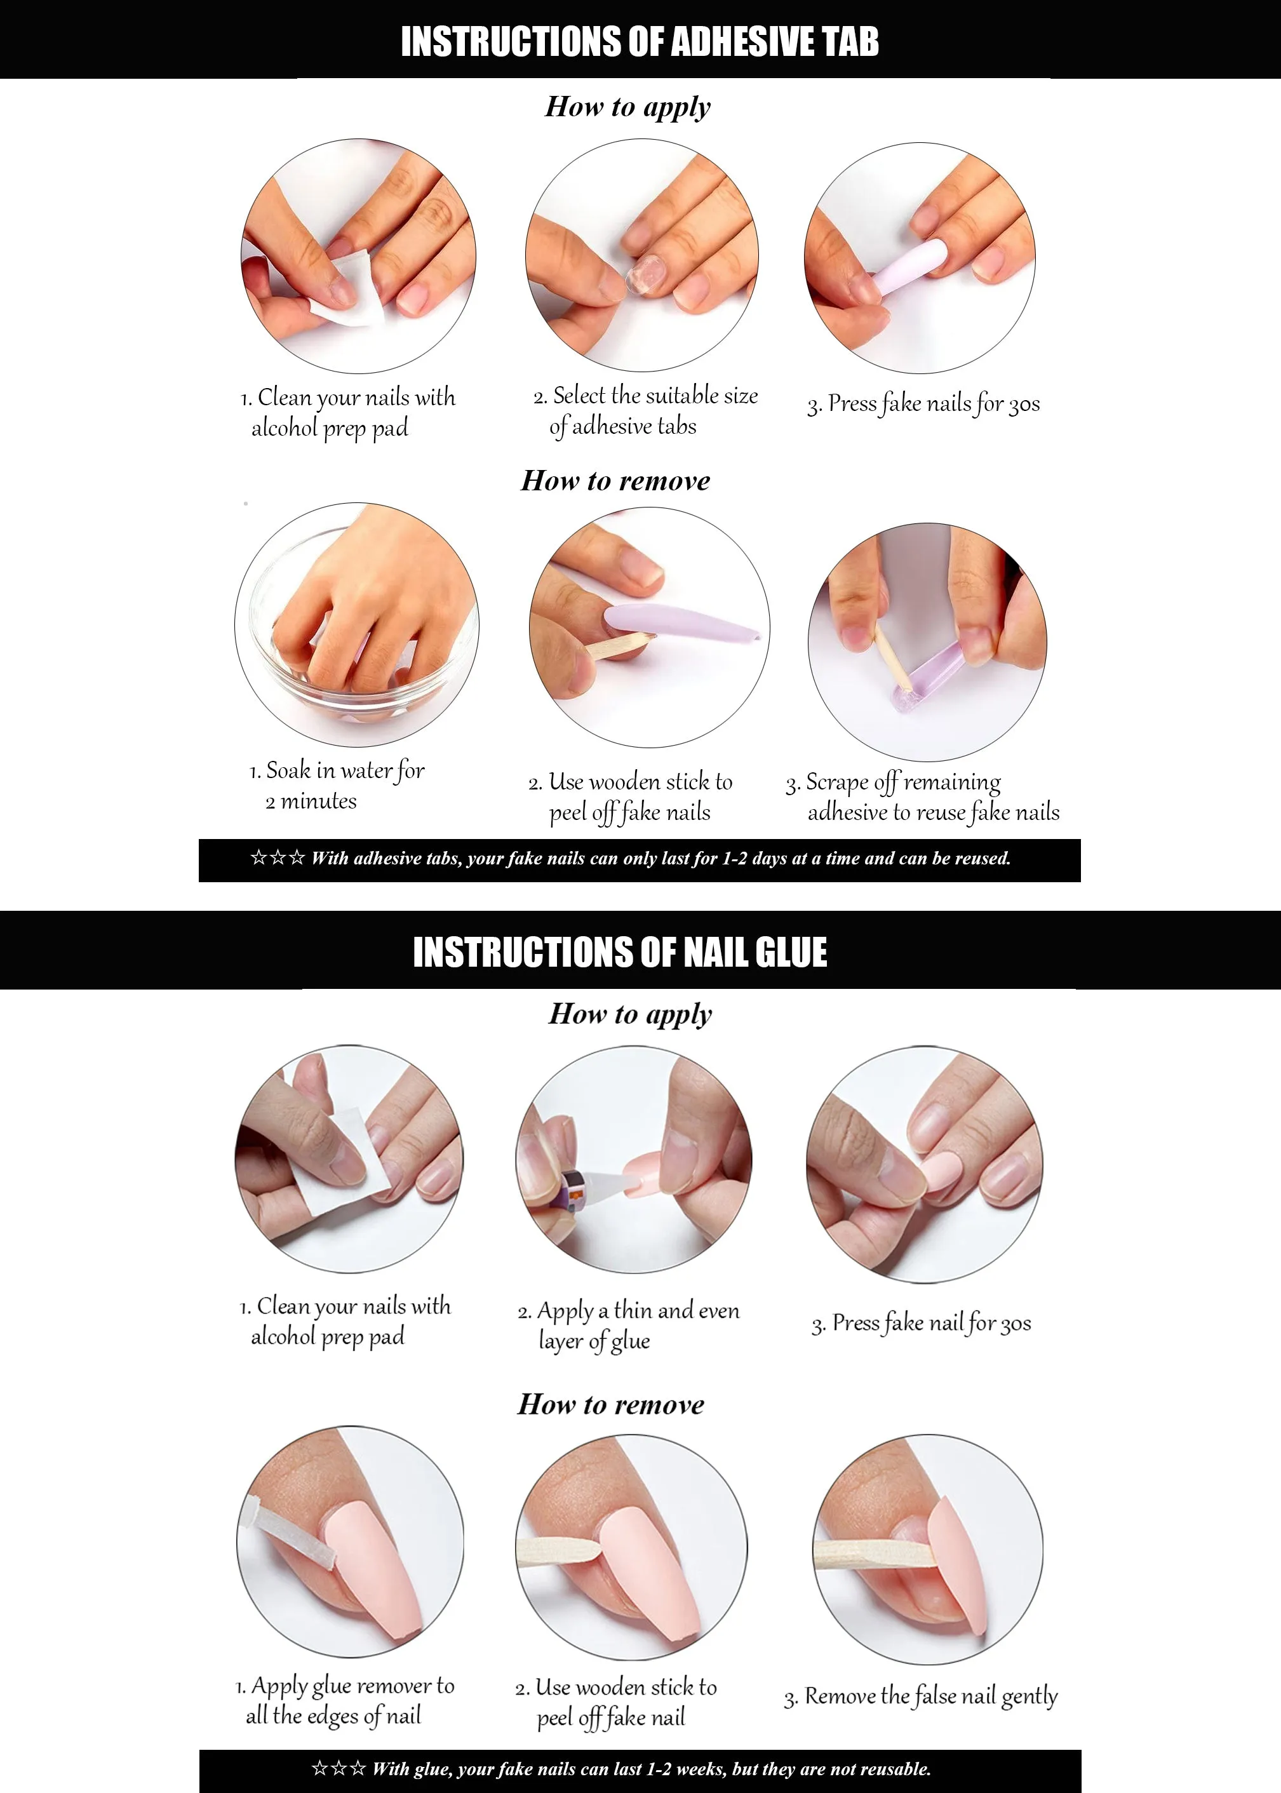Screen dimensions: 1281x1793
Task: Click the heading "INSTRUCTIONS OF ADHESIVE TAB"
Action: (x=640, y=42)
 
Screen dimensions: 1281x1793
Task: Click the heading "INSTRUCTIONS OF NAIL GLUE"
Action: (x=620, y=952)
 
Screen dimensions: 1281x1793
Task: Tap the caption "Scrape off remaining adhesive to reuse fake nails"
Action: (x=922, y=796)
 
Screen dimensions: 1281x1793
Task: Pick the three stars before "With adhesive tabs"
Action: (x=278, y=857)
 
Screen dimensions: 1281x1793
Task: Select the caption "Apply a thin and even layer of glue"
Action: (x=629, y=1326)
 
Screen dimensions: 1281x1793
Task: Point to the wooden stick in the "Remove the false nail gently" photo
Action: (x=876, y=1555)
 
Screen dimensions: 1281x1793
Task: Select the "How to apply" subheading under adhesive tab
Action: (x=628, y=107)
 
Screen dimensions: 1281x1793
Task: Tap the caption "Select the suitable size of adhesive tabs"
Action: (x=645, y=411)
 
